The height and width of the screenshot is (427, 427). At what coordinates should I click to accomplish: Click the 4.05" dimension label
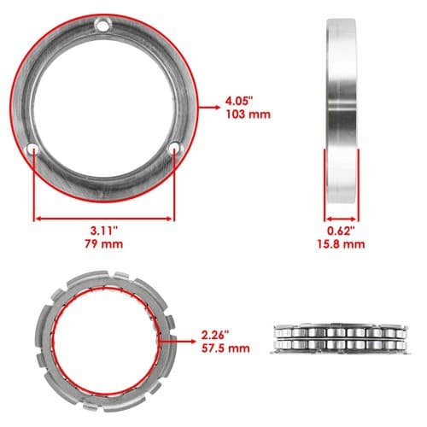pyautogui.click(x=239, y=101)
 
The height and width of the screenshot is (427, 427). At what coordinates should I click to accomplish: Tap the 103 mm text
pyautogui.click(x=248, y=114)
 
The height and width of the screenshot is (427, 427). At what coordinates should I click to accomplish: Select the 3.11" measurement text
pyautogui.click(x=104, y=231)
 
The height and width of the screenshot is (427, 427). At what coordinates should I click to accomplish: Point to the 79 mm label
pyautogui.click(x=104, y=244)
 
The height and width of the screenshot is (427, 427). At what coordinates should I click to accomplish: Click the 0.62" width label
pyautogui.click(x=341, y=231)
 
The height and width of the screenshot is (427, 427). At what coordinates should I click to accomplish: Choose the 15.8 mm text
pyautogui.click(x=341, y=244)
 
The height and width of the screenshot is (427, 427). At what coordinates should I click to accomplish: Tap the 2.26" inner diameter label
pyautogui.click(x=215, y=335)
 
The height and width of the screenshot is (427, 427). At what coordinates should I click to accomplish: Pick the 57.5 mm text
pyautogui.click(x=225, y=348)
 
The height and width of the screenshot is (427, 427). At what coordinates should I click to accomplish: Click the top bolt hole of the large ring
pyautogui.click(x=103, y=25)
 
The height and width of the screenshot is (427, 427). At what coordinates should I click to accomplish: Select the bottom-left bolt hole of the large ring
pyautogui.click(x=32, y=149)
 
